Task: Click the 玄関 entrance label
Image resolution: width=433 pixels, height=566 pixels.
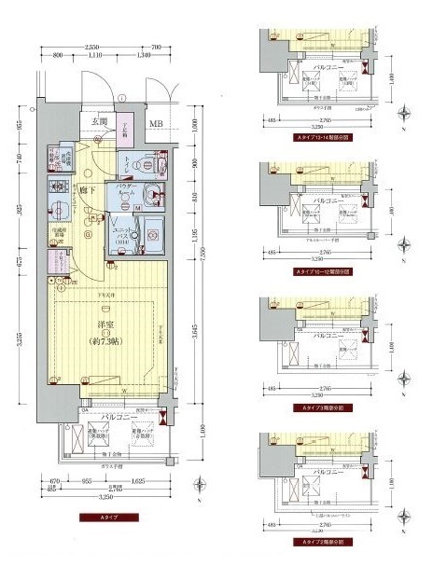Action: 100,122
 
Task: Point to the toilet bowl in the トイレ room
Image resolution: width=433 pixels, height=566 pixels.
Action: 133,164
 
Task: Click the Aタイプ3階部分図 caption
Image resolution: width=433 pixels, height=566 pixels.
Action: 320,407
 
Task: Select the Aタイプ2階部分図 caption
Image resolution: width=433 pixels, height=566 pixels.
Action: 320,542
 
